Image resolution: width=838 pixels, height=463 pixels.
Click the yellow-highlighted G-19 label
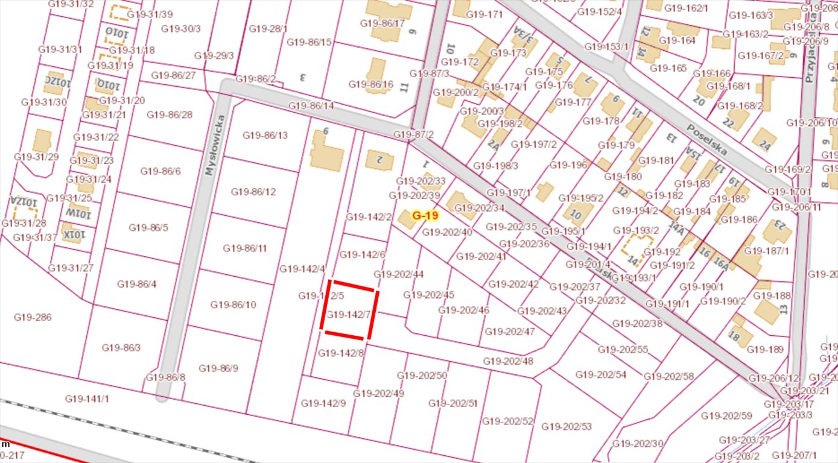click(x=425, y=215)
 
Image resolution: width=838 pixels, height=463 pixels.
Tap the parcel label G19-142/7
click(x=348, y=315)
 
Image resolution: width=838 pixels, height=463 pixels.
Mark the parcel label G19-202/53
click(x=567, y=426)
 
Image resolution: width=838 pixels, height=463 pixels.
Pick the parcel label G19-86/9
click(x=218, y=368)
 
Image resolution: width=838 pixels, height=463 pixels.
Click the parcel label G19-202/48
click(x=508, y=361)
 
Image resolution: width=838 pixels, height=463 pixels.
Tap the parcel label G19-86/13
click(x=265, y=135)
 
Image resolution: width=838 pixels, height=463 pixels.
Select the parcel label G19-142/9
click(x=323, y=403)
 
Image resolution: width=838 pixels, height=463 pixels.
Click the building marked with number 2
click(x=379, y=160)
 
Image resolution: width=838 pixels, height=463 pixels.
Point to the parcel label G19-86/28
click(x=170, y=115)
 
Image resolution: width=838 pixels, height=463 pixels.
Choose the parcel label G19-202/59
click(x=726, y=416)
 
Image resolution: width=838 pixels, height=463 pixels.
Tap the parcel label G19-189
click(x=765, y=350)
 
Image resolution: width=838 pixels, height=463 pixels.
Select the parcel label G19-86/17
click(x=382, y=24)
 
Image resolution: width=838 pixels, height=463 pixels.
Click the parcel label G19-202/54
click(x=600, y=374)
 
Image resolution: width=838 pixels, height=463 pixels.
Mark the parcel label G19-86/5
click(x=148, y=227)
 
